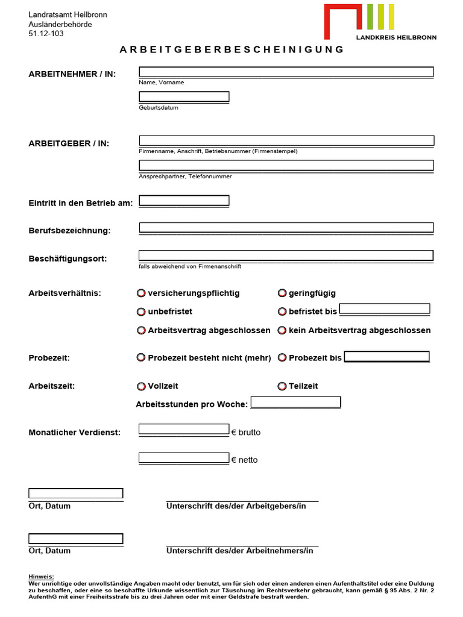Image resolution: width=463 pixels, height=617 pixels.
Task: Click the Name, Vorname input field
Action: [286, 72]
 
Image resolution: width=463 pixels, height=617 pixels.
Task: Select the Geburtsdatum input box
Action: [184, 96]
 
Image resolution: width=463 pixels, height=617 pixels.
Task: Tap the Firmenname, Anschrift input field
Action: [286, 141]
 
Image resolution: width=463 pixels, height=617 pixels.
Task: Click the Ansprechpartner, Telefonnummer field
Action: [286, 165]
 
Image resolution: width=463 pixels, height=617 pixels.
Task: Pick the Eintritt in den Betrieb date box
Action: [184, 201]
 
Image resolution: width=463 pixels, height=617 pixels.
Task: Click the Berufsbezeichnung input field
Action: [286, 228]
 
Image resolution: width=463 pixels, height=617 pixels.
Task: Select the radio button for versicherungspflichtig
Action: [141, 293]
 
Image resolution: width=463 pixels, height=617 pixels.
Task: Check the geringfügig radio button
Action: [282, 293]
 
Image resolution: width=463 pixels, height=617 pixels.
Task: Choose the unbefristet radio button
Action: [141, 312]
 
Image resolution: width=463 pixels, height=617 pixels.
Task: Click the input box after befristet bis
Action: [385, 309]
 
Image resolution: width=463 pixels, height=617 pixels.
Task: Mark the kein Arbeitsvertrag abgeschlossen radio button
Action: [282, 331]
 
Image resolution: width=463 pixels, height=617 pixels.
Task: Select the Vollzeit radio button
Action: [141, 386]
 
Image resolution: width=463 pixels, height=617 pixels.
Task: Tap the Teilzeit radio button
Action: [282, 386]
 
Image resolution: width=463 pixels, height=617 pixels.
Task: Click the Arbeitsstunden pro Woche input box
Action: [295, 402]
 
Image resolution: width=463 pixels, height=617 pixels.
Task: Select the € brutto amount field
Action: [184, 429]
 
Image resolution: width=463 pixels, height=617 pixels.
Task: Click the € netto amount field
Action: [184, 458]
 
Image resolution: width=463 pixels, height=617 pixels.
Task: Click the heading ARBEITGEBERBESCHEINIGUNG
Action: [231, 49]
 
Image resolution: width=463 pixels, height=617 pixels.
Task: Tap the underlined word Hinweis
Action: [41, 577]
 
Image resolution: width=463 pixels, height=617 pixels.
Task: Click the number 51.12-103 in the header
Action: [46, 34]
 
